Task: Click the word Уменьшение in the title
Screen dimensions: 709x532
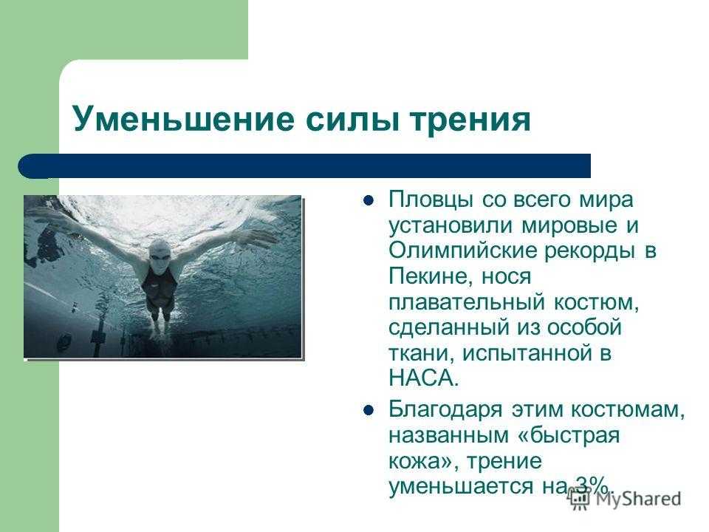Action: click(184, 119)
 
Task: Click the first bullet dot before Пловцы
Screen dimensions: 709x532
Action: click(369, 200)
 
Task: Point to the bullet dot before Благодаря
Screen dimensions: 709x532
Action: click(369, 410)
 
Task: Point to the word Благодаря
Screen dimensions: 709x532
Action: click(445, 410)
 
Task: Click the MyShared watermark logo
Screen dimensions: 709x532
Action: click(625, 499)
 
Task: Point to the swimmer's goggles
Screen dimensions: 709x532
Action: click(160, 257)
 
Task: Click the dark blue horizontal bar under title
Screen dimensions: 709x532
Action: click(304, 166)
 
